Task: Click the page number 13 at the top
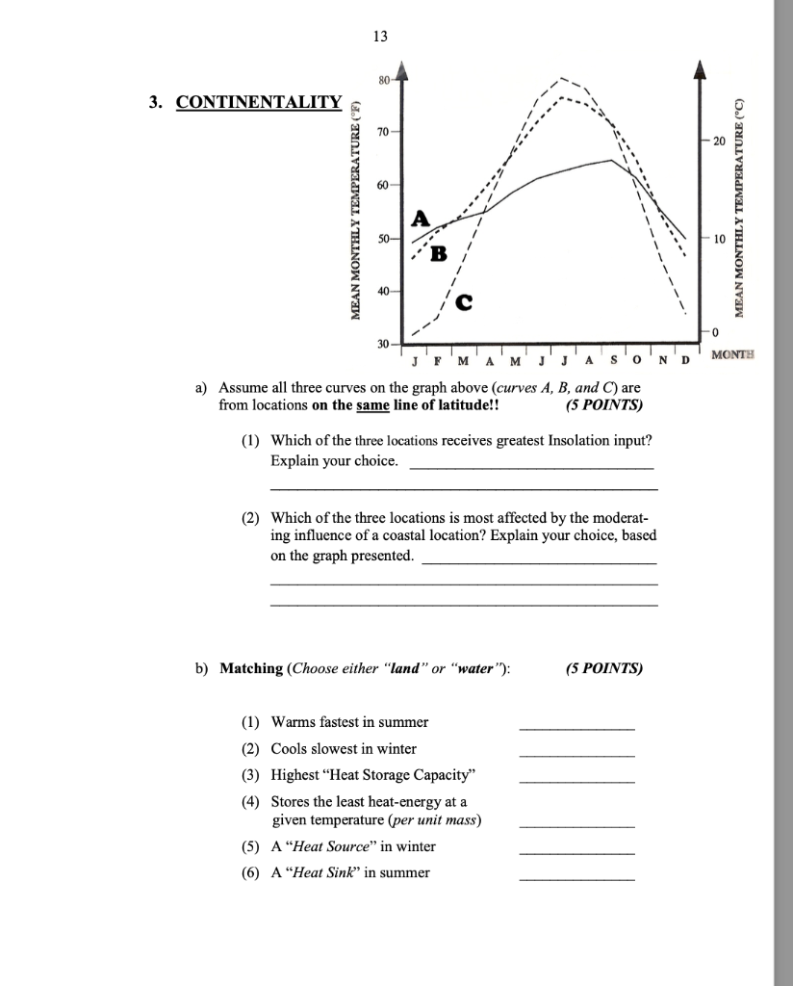pos(380,36)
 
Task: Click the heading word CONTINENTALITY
pos(258,103)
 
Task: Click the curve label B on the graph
pos(439,254)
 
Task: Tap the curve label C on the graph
pos(464,304)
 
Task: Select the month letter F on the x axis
pos(438,362)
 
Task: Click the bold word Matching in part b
pos(251,668)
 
